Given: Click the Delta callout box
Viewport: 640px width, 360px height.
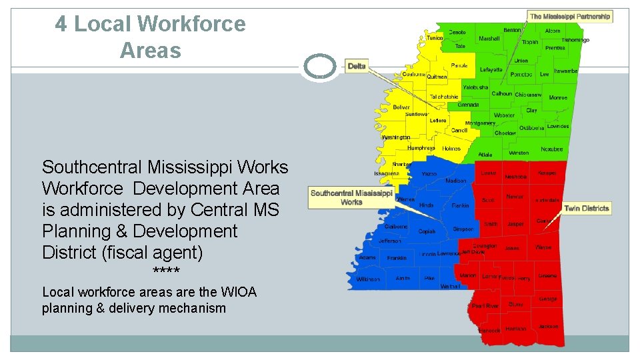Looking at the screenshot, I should tap(357, 66).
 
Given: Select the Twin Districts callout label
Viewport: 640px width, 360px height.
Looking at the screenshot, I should tap(586, 209).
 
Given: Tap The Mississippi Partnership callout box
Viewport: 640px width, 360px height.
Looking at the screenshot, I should tap(570, 17).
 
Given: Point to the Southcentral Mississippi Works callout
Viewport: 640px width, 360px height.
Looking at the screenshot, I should tap(351, 197).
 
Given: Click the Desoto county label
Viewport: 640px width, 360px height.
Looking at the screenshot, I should tap(457, 32).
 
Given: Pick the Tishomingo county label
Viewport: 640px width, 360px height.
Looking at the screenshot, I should tap(575, 40).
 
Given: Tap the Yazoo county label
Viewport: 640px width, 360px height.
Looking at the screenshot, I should tap(429, 174).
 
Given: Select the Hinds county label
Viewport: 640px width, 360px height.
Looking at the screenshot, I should tap(426, 205).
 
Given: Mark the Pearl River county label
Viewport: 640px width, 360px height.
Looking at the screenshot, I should tap(485, 306).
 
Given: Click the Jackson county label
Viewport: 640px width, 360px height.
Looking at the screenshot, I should tap(549, 327).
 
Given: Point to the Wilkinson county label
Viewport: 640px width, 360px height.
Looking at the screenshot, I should tap(368, 279).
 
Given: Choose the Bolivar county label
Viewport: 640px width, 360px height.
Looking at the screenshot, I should tap(401, 107).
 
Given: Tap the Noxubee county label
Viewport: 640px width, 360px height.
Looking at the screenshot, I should tap(552, 149).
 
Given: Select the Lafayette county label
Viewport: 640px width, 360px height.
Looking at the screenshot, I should tap(491, 69).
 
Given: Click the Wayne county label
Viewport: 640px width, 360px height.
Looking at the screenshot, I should tap(543, 247).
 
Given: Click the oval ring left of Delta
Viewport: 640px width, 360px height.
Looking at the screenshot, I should tap(319, 67).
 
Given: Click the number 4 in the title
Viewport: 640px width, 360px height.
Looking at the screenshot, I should tap(61, 24).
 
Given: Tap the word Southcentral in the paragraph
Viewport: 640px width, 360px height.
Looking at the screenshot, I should tap(92, 167).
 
